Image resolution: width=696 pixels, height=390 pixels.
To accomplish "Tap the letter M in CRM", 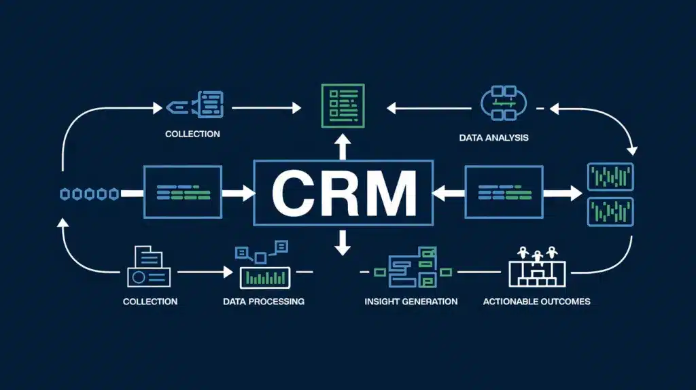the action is pyautogui.click(x=392, y=194).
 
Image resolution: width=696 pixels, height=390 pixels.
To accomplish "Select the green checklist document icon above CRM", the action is pyautogui.click(x=343, y=106).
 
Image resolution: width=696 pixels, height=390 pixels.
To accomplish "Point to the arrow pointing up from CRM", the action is pyautogui.click(x=343, y=146).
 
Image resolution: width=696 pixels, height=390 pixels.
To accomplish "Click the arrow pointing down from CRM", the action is pyautogui.click(x=343, y=243).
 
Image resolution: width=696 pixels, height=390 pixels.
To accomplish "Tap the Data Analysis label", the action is pyautogui.click(x=493, y=137).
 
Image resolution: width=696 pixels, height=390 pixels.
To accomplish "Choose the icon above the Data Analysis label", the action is pyautogui.click(x=504, y=103).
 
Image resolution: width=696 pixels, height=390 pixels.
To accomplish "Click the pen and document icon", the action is pyautogui.click(x=195, y=105).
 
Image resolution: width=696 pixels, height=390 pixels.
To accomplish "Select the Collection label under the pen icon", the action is pyautogui.click(x=192, y=134).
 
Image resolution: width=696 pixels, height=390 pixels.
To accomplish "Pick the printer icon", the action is pyautogui.click(x=149, y=266).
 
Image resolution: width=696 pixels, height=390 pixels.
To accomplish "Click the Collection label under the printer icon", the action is pyautogui.click(x=150, y=302).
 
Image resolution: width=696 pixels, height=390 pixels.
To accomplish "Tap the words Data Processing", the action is pyautogui.click(x=264, y=302).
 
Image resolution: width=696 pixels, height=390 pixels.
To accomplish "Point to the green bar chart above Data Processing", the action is pyautogui.click(x=265, y=278).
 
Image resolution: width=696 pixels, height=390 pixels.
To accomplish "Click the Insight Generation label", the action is pyautogui.click(x=411, y=302).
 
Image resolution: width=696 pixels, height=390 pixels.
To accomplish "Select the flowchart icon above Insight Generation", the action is pyautogui.click(x=413, y=267).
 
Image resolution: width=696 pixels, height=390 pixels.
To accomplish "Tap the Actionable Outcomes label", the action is pyautogui.click(x=537, y=302).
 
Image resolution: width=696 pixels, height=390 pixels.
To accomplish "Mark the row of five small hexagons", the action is pyautogui.click(x=89, y=194).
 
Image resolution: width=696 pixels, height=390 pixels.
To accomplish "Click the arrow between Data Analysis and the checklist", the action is pyautogui.click(x=429, y=108).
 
